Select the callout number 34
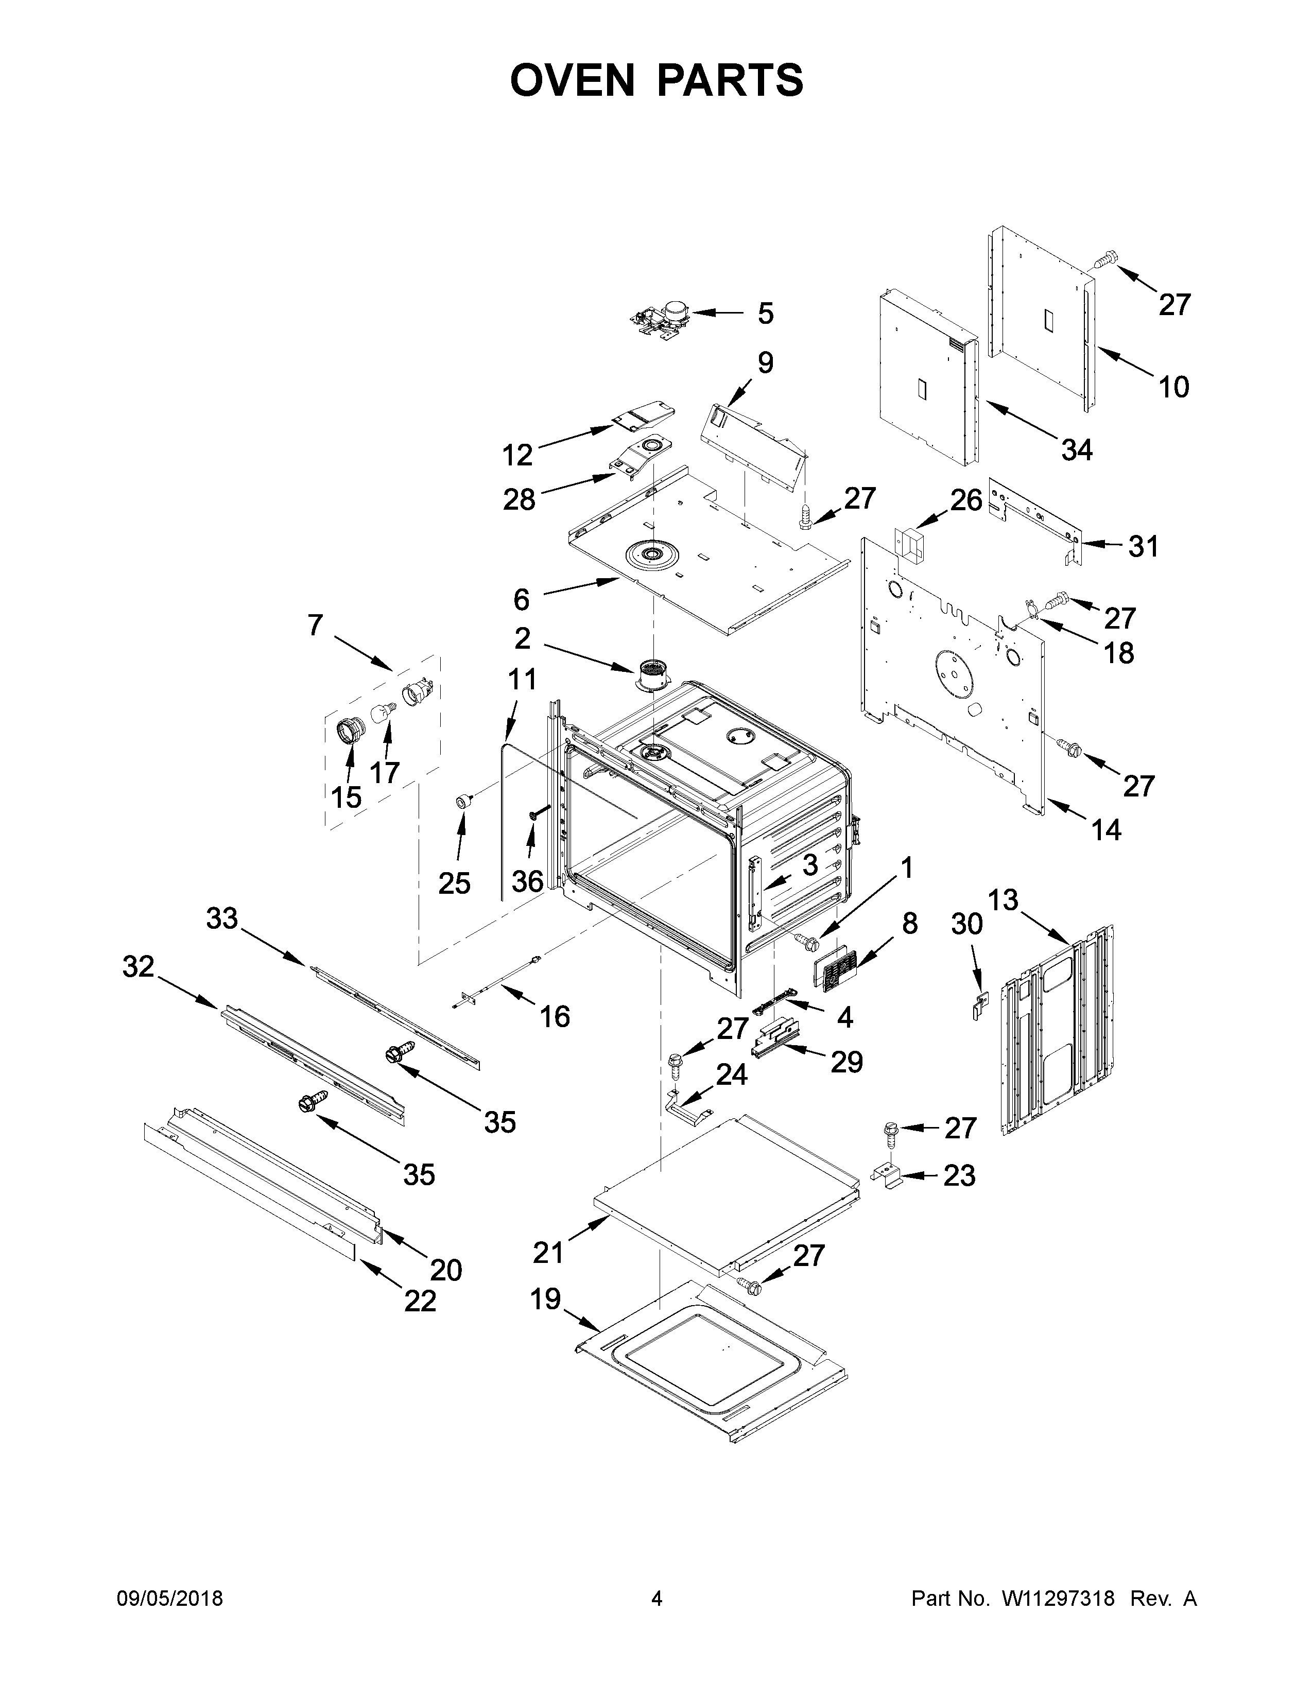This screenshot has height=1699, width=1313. pyautogui.click(x=1077, y=449)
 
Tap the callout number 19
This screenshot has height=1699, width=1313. pyautogui.click(x=545, y=1298)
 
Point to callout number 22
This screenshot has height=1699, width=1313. pyautogui.click(x=420, y=1301)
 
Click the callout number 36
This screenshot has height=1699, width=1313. pyautogui.click(x=527, y=881)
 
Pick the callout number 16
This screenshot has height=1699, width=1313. pyautogui.click(x=555, y=1016)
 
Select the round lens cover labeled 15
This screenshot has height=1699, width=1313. pyautogui.click(x=350, y=732)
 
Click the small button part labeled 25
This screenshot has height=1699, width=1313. pyautogui.click(x=464, y=801)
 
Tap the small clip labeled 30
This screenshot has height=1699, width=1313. pyautogui.click(x=978, y=1007)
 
